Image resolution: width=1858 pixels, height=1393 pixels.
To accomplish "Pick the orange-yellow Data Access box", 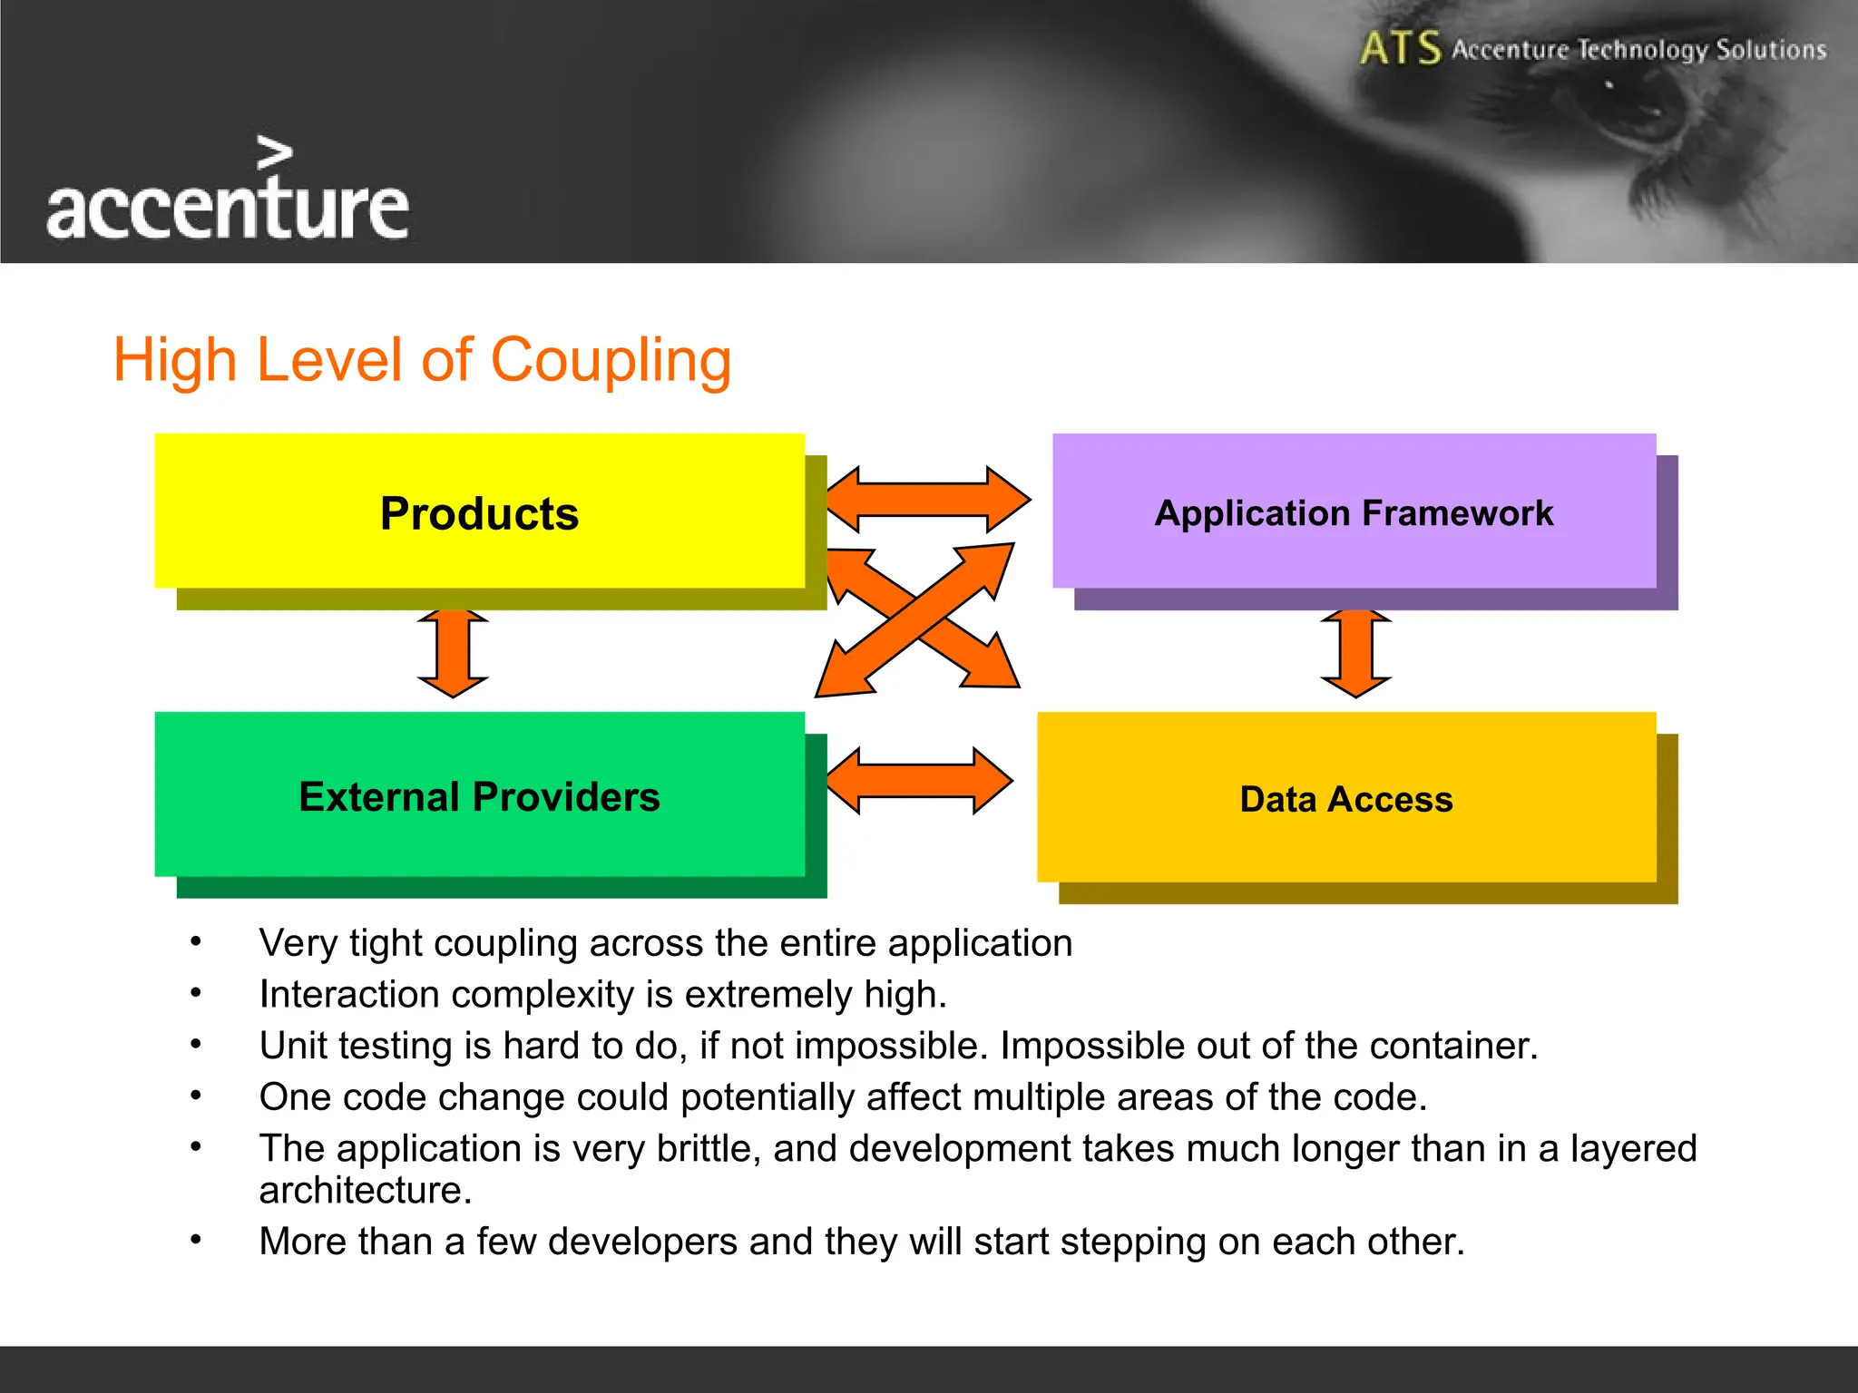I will pyautogui.click(x=1346, y=797).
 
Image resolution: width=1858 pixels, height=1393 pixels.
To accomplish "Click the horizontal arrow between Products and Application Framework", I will pyautogui.click(x=928, y=500).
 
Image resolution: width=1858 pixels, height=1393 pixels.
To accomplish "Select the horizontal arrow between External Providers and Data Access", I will pyautogui.click(x=919, y=781).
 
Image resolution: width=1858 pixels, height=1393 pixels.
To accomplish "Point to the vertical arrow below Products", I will pyautogui.click(x=453, y=654).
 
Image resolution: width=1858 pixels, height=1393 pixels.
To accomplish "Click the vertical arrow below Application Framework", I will pyautogui.click(x=1355, y=654).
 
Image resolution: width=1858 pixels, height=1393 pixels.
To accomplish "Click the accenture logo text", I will pyautogui.click(x=228, y=209).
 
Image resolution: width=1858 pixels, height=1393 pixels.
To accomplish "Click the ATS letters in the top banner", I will pyautogui.click(x=1400, y=49).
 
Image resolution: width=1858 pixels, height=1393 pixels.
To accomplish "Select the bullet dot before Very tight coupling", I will pyautogui.click(x=196, y=942).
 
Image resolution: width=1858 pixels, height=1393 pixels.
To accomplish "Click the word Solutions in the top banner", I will pyautogui.click(x=1770, y=49).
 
